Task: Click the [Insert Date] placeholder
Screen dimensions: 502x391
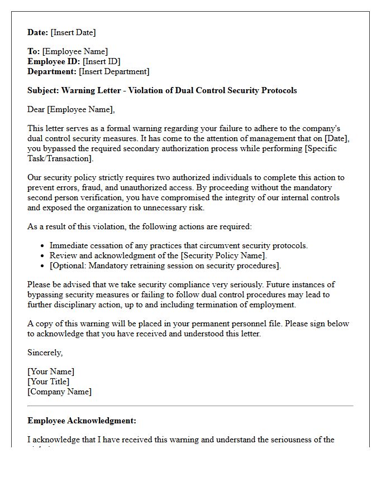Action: tap(74, 32)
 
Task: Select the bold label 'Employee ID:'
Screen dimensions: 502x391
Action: tap(54, 61)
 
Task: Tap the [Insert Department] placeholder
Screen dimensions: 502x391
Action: tap(114, 71)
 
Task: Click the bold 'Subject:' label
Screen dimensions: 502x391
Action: tap(43, 90)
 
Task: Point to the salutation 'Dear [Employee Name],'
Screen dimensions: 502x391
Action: tap(71, 109)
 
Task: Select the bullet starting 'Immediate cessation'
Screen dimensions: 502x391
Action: tap(178, 245)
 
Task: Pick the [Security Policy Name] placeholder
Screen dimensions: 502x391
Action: tap(221, 255)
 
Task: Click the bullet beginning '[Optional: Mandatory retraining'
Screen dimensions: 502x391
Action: tap(165, 266)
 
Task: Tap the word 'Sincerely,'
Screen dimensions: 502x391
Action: tap(45, 353)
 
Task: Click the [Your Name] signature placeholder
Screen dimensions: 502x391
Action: tap(51, 371)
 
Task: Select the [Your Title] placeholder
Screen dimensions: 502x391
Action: tap(49, 382)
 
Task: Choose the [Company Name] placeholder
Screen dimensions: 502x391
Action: tap(60, 392)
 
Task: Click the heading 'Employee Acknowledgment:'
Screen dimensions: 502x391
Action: tap(82, 421)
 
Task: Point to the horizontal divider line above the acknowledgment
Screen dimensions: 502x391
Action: tap(190, 406)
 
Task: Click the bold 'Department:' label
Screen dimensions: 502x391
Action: tap(52, 71)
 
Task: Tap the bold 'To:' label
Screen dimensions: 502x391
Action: tap(34, 51)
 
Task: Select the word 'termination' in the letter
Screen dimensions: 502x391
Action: tap(209, 305)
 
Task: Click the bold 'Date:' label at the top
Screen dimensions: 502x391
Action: tap(38, 32)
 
